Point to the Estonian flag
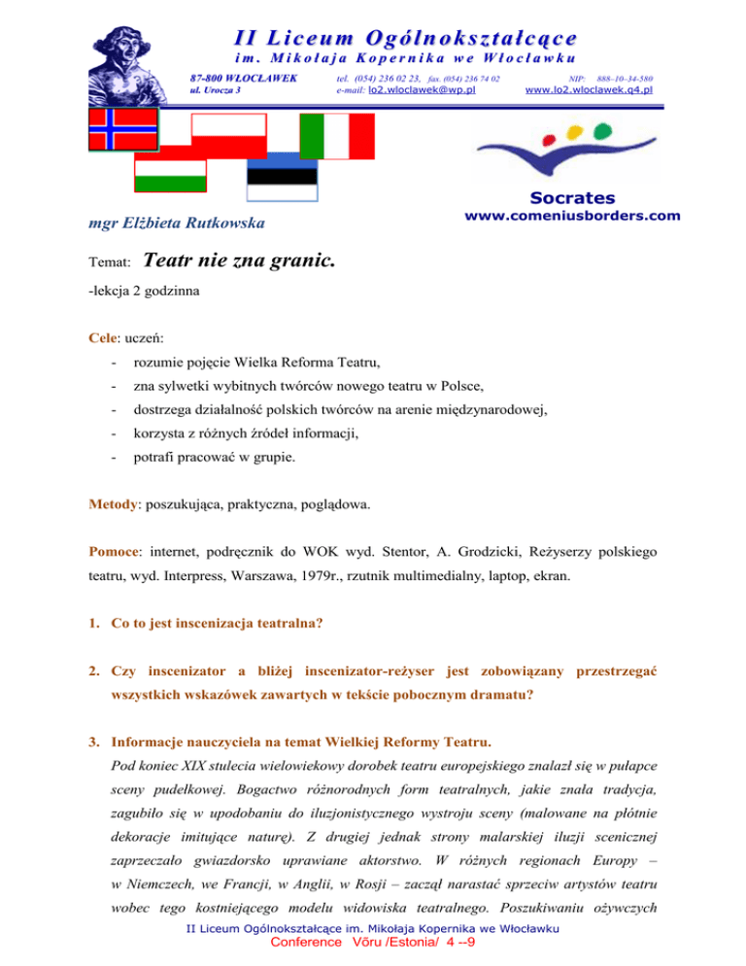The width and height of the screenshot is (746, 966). point(282,176)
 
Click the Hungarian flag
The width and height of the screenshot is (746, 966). point(170,176)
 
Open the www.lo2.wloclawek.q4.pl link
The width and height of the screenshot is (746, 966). point(588,89)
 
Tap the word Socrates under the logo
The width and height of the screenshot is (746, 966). point(588,196)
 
